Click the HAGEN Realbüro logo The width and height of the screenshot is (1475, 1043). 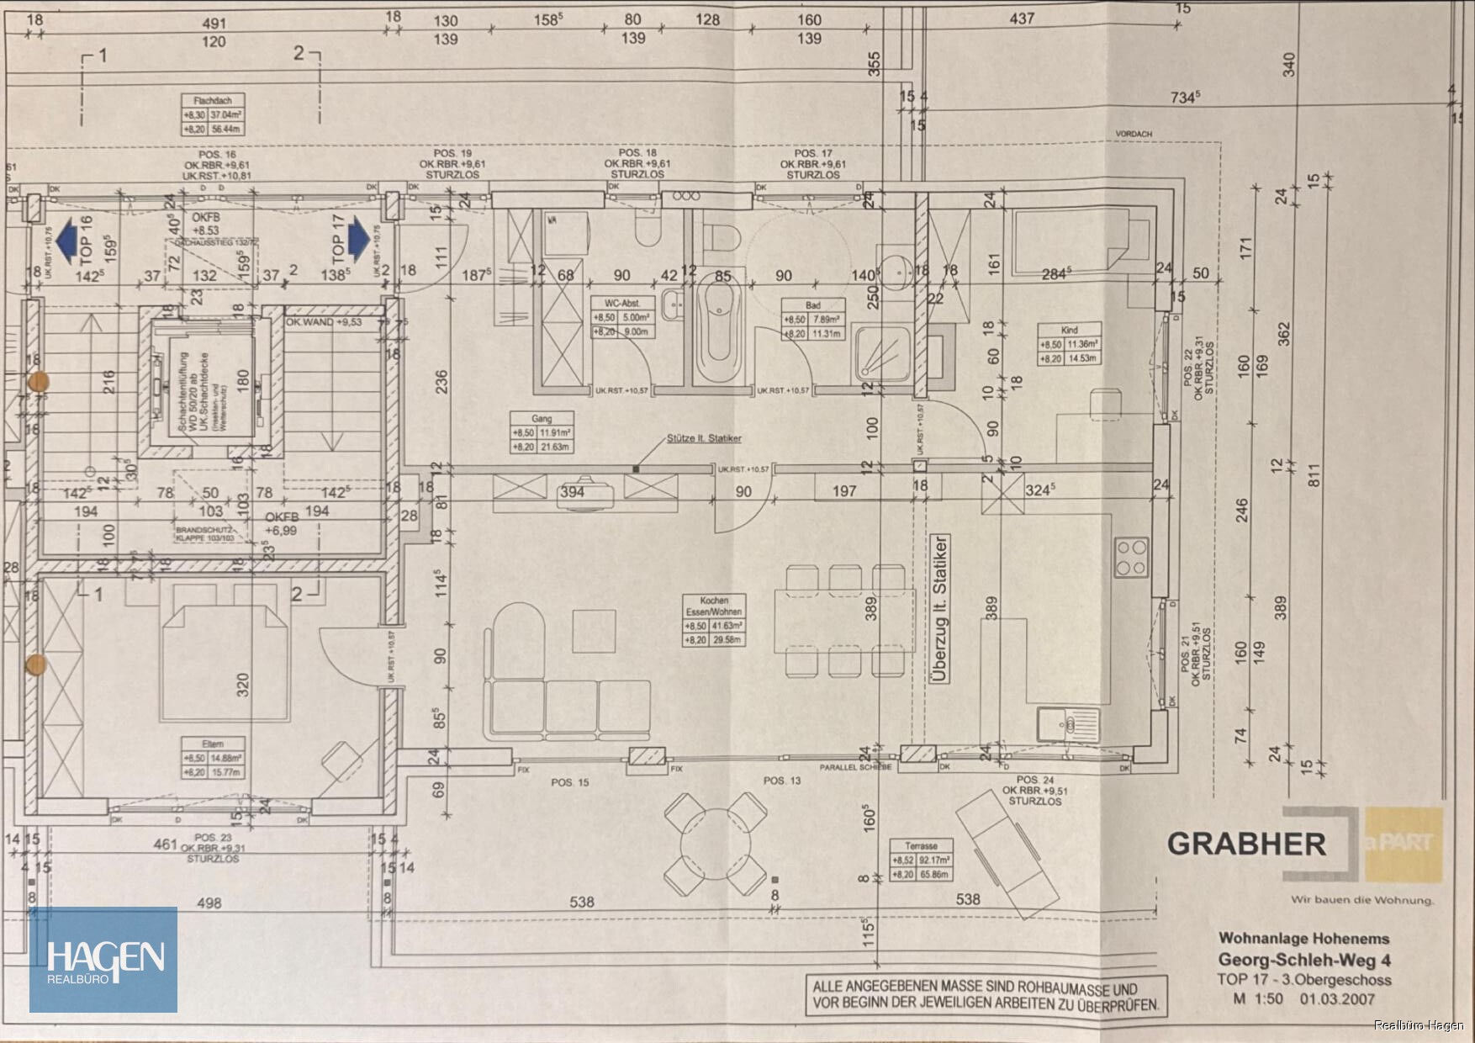click(103, 960)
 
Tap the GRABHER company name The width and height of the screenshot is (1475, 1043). click(1245, 844)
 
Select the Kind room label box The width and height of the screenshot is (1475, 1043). click(1069, 344)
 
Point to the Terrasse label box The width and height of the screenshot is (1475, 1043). click(922, 860)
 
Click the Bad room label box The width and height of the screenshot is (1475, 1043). click(812, 320)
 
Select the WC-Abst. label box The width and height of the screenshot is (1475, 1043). click(621, 318)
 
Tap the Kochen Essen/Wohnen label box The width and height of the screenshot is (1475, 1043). click(714, 622)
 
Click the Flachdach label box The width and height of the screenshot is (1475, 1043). click(213, 115)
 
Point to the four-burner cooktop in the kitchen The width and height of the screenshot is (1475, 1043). click(1132, 557)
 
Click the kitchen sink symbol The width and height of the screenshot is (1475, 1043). click(1068, 724)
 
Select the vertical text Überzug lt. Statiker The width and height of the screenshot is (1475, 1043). click(940, 609)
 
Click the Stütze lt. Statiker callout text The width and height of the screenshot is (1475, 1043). click(704, 438)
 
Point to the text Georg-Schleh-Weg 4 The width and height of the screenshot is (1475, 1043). click(1304, 960)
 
